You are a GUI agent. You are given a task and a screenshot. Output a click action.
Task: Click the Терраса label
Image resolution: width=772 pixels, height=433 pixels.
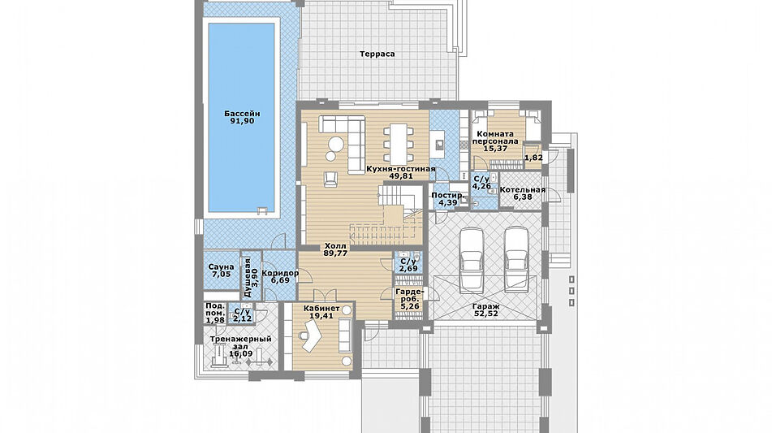(x=377, y=54)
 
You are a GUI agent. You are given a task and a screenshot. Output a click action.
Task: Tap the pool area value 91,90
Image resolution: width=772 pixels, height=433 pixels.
(x=242, y=121)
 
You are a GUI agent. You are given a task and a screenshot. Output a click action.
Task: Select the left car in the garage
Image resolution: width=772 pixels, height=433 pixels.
(x=471, y=260)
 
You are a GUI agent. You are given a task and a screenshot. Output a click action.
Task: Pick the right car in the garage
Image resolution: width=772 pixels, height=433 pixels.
(x=516, y=260)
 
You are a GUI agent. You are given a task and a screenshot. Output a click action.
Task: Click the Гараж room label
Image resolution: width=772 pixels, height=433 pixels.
(x=485, y=306)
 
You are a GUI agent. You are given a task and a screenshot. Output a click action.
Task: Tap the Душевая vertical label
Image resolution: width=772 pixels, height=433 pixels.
(x=248, y=277)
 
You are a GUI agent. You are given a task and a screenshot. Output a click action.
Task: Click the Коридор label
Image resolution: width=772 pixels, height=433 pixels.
(x=280, y=274)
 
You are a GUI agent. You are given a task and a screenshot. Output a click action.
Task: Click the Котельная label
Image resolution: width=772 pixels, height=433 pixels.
(x=523, y=189)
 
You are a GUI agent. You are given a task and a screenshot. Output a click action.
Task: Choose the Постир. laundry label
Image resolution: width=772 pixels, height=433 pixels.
(x=447, y=195)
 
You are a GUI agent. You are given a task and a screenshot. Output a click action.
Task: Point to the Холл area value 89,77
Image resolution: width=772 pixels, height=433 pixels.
(x=335, y=253)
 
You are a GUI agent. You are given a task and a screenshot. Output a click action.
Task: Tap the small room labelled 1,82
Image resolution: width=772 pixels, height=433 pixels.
(x=533, y=158)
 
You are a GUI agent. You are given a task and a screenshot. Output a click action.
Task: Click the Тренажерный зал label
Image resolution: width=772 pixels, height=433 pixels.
(x=240, y=343)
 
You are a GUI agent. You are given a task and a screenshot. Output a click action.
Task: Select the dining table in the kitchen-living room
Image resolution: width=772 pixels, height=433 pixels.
(x=399, y=143)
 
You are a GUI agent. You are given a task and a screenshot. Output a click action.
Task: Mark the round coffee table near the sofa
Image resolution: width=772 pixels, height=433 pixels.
(x=336, y=144)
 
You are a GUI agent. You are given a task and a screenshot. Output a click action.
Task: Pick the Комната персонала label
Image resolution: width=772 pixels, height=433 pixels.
(x=495, y=137)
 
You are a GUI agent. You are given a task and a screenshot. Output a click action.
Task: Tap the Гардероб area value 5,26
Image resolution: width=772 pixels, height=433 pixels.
(x=410, y=306)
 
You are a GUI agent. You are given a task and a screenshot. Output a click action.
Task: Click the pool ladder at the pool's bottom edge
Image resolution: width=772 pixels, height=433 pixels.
(x=261, y=211)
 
